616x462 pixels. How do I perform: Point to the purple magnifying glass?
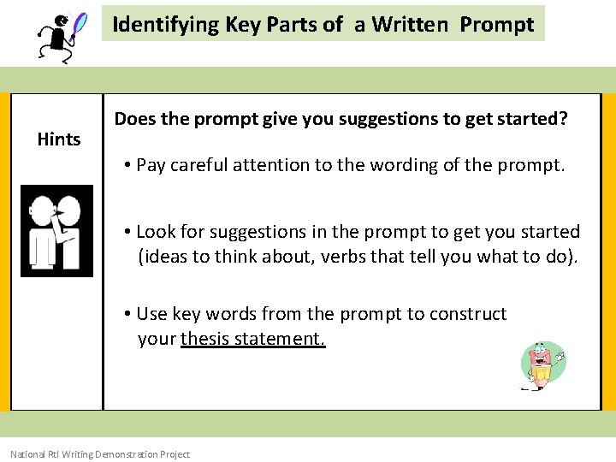(80, 24)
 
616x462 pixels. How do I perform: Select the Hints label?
(59, 139)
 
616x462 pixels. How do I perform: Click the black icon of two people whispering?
(56, 231)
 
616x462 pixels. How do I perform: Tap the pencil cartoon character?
(542, 366)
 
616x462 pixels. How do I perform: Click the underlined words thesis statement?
(253, 339)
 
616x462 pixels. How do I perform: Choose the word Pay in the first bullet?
(151, 164)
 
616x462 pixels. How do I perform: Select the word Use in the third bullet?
(152, 314)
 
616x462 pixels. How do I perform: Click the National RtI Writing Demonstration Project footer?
(100, 454)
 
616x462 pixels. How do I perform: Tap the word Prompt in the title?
(496, 24)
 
